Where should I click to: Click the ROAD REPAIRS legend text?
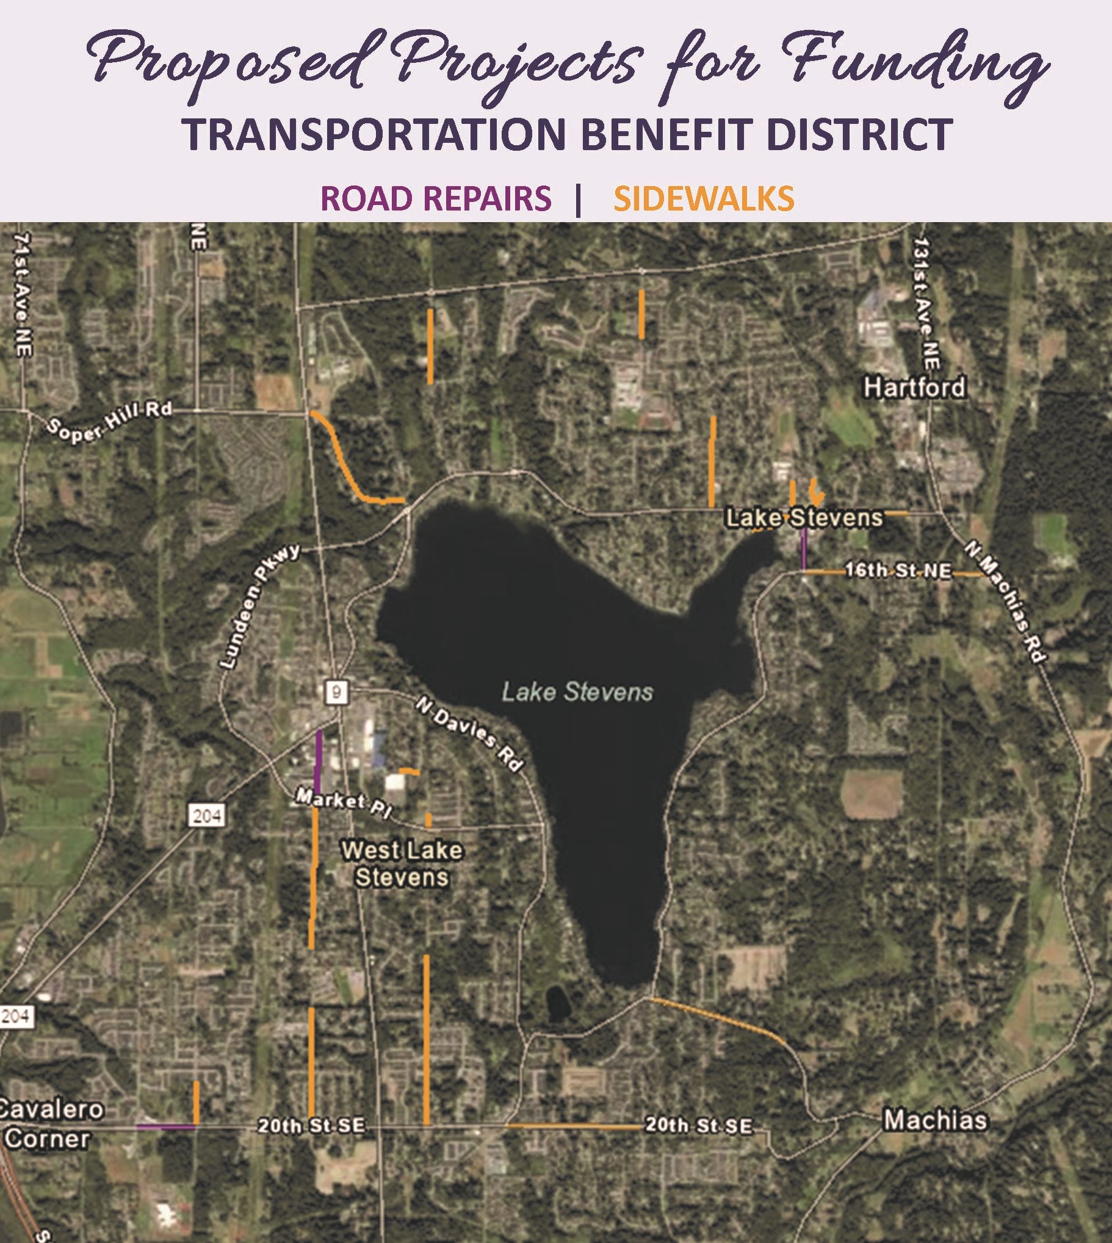[436, 198]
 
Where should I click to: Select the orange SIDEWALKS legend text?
[703, 198]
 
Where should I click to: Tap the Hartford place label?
[914, 387]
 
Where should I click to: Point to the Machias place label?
[935, 1120]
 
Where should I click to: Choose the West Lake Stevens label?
[402, 863]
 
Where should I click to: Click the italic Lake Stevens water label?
[577, 692]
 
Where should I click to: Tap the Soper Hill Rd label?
[110, 422]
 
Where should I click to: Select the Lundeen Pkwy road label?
[259, 606]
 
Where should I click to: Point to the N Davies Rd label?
[470, 733]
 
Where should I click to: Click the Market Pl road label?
[344, 802]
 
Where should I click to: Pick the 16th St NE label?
[898, 571]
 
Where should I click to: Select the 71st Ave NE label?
[23, 294]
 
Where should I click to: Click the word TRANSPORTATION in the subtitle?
[375, 134]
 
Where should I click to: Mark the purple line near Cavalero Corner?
[165, 1126]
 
